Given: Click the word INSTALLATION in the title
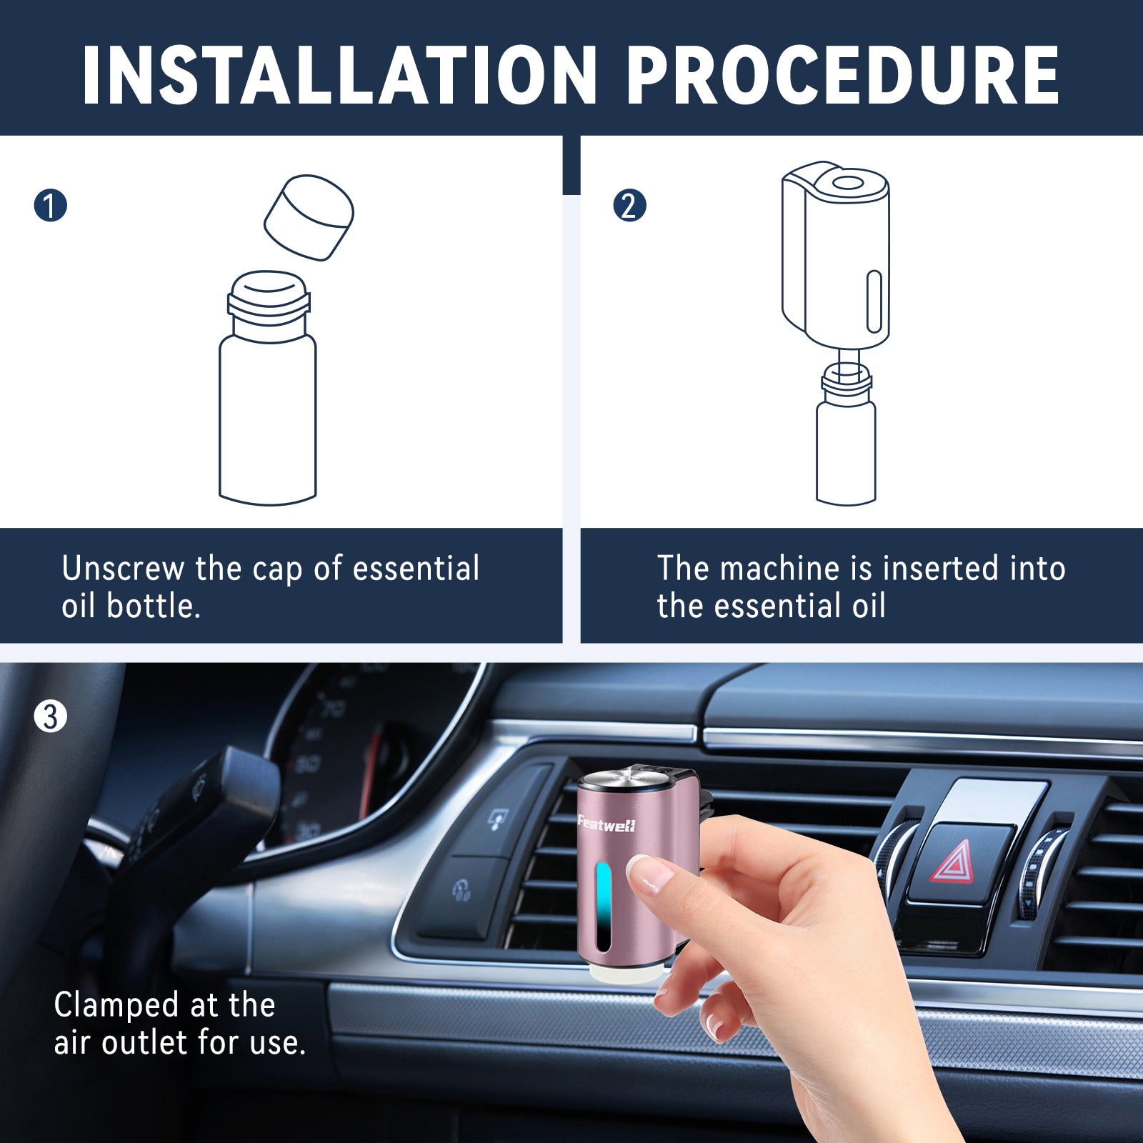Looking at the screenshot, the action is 339,75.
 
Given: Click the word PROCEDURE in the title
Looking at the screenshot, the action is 843,75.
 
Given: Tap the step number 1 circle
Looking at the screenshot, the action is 50,206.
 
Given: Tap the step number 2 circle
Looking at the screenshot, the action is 629,206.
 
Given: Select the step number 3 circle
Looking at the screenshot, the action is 50,717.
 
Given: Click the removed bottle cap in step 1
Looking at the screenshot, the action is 309,217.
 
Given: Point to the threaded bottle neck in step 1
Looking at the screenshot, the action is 268,304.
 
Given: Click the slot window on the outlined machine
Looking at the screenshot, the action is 874,301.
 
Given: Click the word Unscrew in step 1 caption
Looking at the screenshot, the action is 123,569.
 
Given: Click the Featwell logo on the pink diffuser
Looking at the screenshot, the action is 607,825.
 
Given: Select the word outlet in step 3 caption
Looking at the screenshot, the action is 146,1043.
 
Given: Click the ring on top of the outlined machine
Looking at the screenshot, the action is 847,184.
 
